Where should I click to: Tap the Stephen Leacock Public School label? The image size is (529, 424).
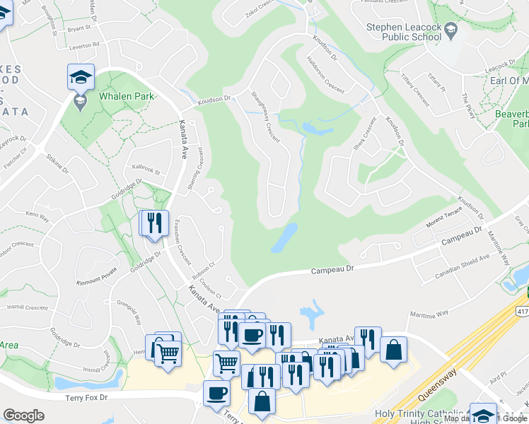point(404,32)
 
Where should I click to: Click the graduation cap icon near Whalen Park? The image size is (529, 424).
point(81,76)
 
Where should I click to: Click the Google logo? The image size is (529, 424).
point(23,416)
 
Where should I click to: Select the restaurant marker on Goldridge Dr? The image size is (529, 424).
point(154,223)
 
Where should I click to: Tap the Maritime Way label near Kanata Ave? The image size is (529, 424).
point(429,313)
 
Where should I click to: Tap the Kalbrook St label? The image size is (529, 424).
point(146,170)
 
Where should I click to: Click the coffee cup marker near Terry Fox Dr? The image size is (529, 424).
point(216,393)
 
